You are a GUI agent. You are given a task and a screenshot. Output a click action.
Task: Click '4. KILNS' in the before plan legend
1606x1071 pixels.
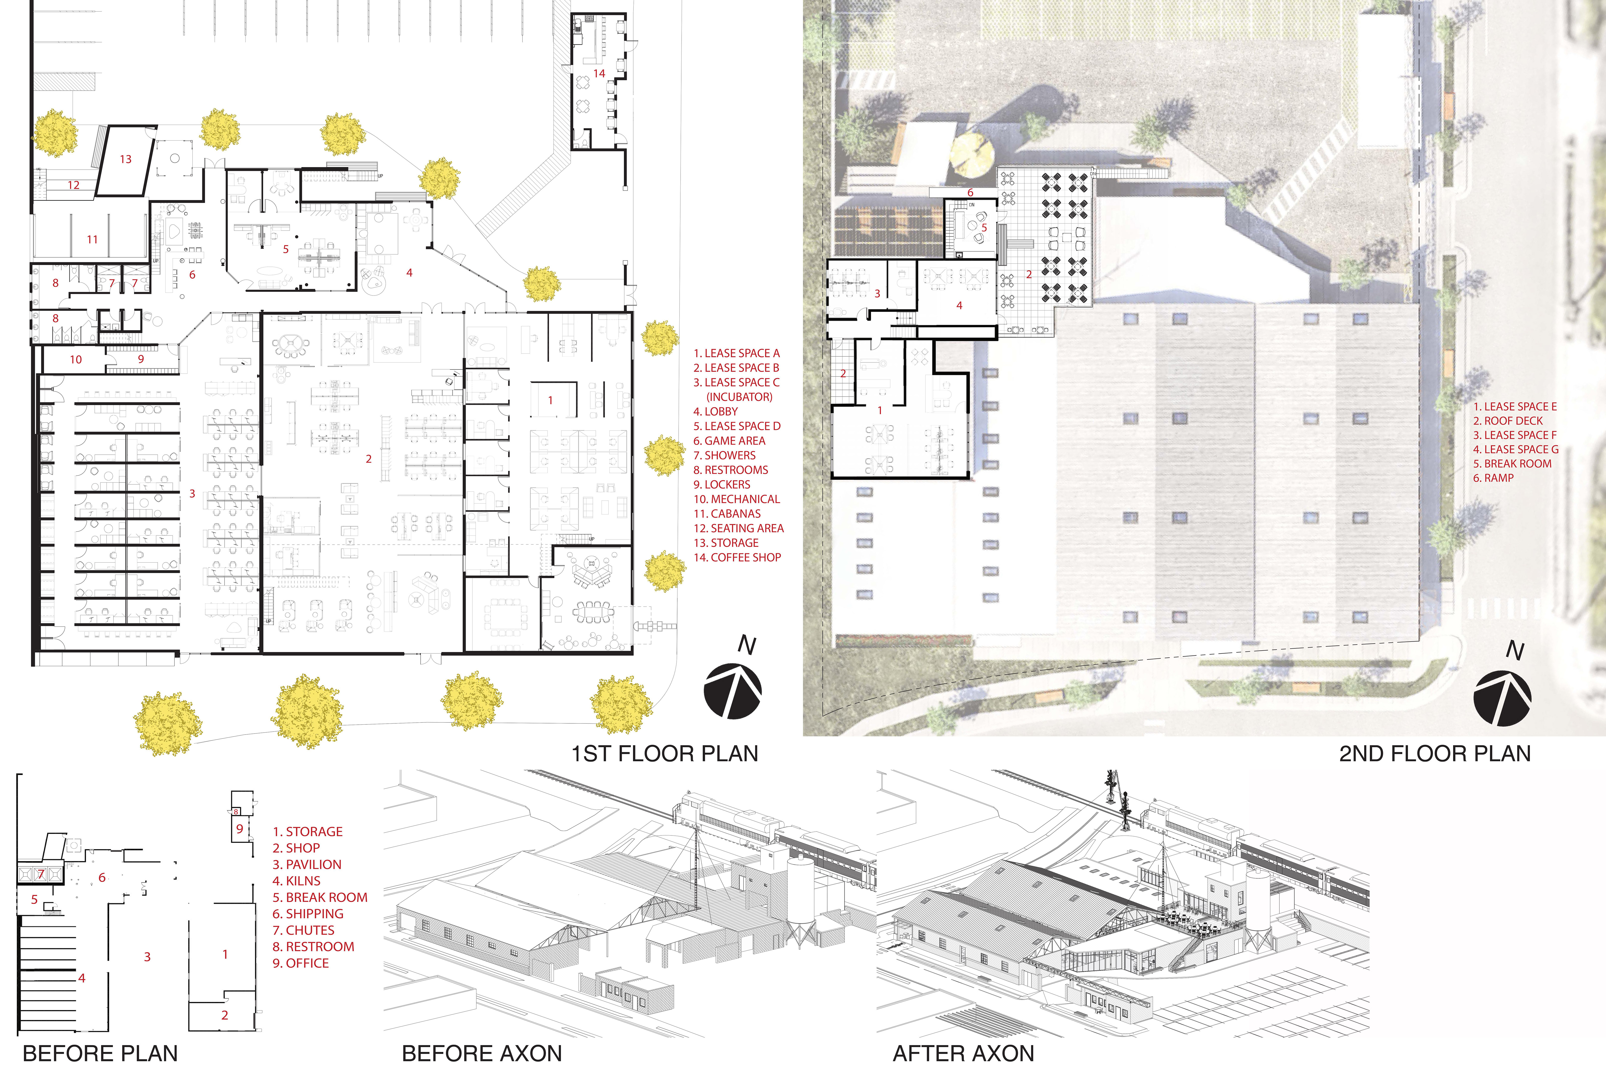coord(296,881)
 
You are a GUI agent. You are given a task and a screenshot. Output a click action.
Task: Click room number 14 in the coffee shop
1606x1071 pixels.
coord(599,73)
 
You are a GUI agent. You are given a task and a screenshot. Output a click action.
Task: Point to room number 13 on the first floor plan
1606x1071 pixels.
coord(126,159)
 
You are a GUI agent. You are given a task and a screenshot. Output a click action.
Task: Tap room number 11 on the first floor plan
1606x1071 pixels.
coord(92,239)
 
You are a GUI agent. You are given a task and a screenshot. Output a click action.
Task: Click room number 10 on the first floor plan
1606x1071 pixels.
coord(76,359)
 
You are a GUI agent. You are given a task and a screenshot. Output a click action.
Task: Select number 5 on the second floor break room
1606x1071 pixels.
coord(984,227)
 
